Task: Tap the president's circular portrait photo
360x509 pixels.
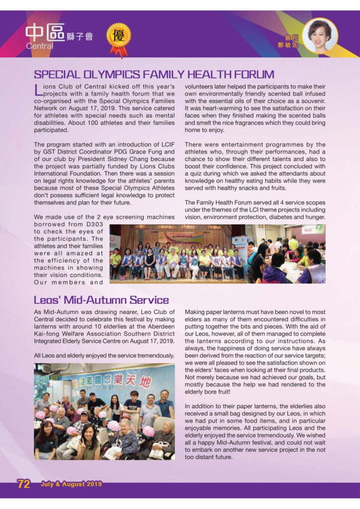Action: tap(319, 35)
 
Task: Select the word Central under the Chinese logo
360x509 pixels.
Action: tap(40, 46)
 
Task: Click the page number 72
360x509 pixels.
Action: tap(24, 484)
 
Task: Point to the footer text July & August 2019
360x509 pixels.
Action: tap(71, 484)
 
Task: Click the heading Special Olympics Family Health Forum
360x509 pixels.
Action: tap(154, 75)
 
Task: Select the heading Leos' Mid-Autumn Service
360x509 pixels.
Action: tap(101, 300)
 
